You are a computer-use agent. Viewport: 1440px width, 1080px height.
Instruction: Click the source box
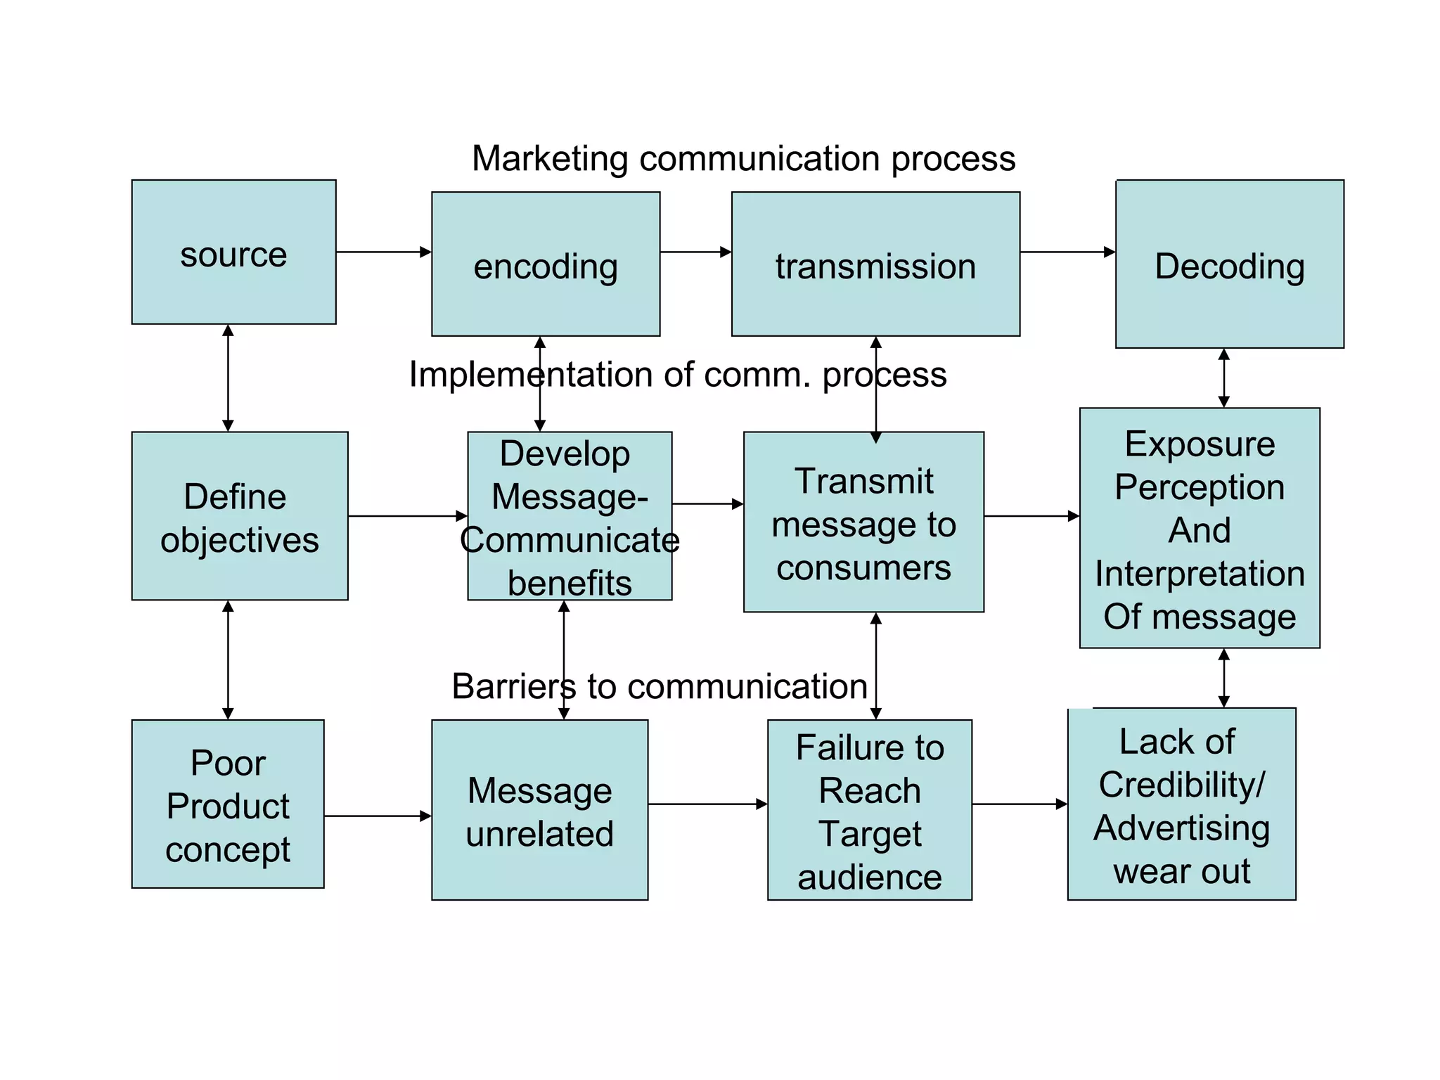pos(233,252)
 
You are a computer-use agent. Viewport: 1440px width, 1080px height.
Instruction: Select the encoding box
pos(546,264)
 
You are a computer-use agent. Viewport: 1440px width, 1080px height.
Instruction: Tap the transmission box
pos(875,264)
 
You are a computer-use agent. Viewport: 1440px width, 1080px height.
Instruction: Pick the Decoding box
pos(1229,264)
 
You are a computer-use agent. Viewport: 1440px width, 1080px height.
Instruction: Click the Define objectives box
pos(239,515)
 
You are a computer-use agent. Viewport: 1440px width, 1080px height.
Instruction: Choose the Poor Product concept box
pos(228,804)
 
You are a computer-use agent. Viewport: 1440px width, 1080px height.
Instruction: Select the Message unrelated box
pos(539,809)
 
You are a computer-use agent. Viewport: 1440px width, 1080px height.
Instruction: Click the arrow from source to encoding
pos(383,252)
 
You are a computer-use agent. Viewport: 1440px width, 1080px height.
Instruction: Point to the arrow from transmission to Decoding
pos(1067,252)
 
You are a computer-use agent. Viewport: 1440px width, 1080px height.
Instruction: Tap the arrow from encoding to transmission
pos(695,252)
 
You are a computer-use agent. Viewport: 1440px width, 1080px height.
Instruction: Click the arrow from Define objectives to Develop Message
pos(407,516)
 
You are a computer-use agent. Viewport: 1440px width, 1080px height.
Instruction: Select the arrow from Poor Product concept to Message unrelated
pos(378,816)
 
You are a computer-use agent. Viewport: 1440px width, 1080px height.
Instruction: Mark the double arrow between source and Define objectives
pos(228,378)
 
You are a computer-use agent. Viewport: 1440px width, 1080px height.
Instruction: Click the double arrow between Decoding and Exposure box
pos(1223,378)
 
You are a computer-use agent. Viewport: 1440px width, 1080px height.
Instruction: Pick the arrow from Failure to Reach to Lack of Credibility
pos(1019,804)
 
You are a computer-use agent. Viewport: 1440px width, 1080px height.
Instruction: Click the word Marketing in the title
pos(550,159)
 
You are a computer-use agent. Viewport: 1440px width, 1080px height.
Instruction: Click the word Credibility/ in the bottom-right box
pos(1182,785)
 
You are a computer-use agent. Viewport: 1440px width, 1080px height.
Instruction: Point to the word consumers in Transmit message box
pos(863,567)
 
